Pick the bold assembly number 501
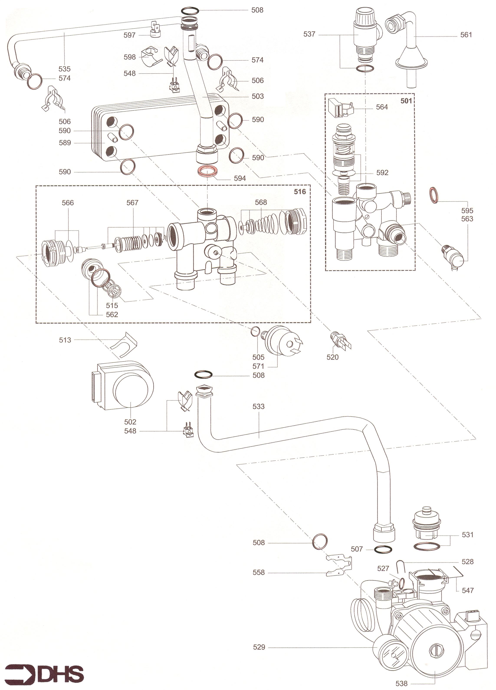(406, 101)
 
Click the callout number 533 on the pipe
(258, 406)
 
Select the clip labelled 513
(123, 345)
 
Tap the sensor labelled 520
(340, 340)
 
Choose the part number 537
(309, 34)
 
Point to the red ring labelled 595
(434, 195)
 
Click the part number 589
(65, 143)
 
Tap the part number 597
(129, 35)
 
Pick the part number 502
(130, 422)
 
